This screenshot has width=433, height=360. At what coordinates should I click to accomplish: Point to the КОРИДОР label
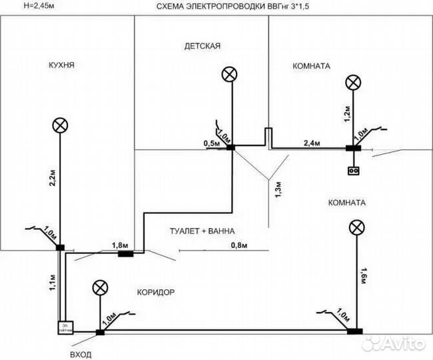pos(155,292)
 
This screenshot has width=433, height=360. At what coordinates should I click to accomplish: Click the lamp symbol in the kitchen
pos(61,125)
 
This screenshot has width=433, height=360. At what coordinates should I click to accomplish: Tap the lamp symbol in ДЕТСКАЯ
pos(230,74)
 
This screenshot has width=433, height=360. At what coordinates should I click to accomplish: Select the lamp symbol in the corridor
pos(100,287)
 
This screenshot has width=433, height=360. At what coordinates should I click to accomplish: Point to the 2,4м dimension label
pos(312,143)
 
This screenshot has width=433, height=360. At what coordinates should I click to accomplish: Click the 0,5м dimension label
pos(211,143)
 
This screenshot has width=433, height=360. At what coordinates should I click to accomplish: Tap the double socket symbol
pos(353,171)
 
